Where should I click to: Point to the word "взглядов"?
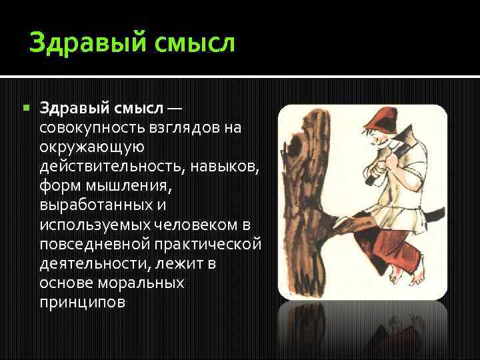179,127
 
